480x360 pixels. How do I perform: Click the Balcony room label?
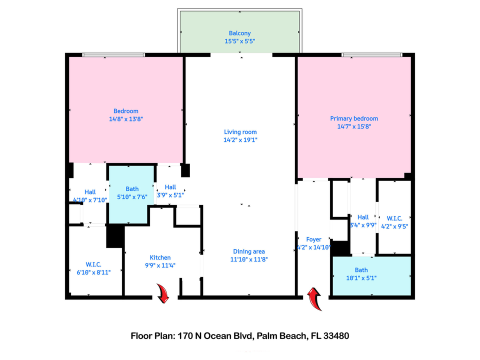coord(239,33)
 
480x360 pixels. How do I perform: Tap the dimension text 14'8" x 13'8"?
coord(125,119)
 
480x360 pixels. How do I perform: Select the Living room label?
coord(240,132)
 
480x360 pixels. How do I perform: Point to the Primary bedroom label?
coord(354,118)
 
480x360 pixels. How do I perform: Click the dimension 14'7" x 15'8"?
coord(354,126)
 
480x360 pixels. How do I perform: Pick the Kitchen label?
coord(160,257)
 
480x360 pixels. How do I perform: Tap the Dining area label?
coord(248,251)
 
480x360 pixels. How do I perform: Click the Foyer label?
coord(313,239)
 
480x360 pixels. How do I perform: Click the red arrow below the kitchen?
coord(163,293)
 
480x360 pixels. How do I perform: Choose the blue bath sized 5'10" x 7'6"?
coord(132,192)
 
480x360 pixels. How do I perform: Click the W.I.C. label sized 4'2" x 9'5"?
coord(395,218)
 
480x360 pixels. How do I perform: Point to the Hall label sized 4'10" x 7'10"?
coord(90,191)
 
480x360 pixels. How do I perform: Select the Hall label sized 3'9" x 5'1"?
coord(170,187)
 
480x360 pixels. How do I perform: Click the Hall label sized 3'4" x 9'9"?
coord(363,217)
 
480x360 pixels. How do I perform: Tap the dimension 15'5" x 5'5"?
coord(239,42)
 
